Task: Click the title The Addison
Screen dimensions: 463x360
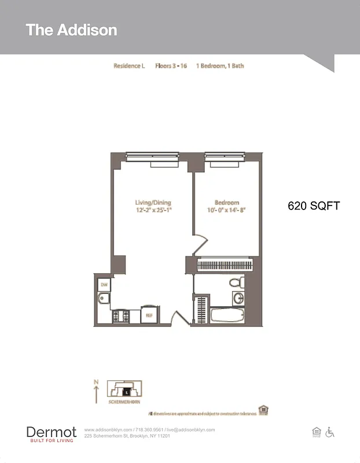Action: click(71, 30)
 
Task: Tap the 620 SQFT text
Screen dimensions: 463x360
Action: click(314, 205)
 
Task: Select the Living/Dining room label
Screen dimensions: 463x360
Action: click(153, 203)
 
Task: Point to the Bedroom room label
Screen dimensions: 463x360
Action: click(227, 203)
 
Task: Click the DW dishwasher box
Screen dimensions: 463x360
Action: click(104, 284)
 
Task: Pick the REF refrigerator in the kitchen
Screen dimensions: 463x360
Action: click(149, 315)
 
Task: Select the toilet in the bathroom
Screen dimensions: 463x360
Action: click(236, 282)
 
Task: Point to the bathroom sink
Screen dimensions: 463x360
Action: click(238, 298)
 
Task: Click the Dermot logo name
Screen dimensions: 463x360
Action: click(52, 432)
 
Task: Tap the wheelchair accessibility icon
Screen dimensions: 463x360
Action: click(330, 432)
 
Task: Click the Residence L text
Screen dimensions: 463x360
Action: click(128, 66)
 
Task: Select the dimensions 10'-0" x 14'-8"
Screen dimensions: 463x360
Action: click(227, 210)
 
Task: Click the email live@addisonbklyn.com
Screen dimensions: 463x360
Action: click(190, 429)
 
